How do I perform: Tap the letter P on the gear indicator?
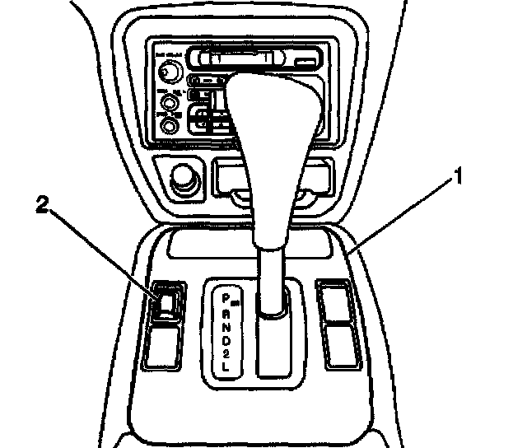click(x=226, y=294)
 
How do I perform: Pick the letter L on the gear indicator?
click(x=226, y=368)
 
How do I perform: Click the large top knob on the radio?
click(x=169, y=73)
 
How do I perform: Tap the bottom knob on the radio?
click(x=170, y=125)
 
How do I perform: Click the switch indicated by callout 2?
click(x=166, y=302)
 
